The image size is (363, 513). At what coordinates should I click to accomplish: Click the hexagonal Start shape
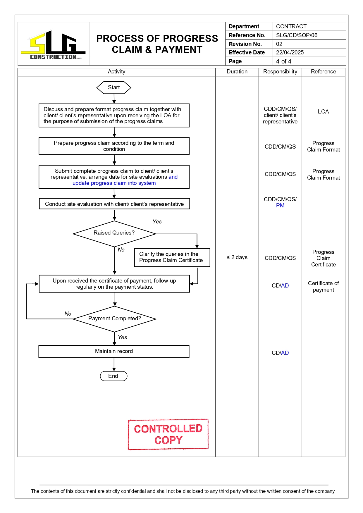pyautogui.click(x=114, y=87)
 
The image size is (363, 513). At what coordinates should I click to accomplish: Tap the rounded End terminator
pyautogui.click(x=113, y=376)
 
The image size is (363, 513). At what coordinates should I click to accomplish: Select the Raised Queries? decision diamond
pyautogui.click(x=114, y=233)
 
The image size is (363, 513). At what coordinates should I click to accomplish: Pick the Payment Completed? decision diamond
pyautogui.click(x=115, y=319)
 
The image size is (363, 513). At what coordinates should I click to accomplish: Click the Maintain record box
pyautogui.click(x=114, y=351)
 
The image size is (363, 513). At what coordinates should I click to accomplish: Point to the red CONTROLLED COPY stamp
pyautogui.click(x=168, y=434)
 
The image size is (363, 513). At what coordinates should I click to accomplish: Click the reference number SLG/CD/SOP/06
pyautogui.click(x=297, y=35)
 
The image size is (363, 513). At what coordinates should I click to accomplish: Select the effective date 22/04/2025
pyautogui.click(x=290, y=53)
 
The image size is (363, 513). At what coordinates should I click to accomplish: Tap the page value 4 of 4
pyautogui.click(x=283, y=61)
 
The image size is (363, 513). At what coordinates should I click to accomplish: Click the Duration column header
pyautogui.click(x=237, y=72)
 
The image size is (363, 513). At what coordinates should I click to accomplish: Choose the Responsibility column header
pyautogui.click(x=280, y=72)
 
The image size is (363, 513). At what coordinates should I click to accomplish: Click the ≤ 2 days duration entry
pyautogui.click(x=237, y=257)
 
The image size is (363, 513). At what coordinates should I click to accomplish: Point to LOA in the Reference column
pyautogui.click(x=323, y=112)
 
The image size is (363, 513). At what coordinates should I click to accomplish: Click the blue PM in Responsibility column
pyautogui.click(x=280, y=206)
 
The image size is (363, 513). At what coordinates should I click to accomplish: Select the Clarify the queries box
pyautogui.click(x=172, y=257)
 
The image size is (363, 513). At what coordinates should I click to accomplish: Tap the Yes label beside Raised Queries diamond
pyautogui.click(x=157, y=222)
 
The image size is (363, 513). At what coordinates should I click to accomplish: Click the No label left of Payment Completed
pyautogui.click(x=68, y=314)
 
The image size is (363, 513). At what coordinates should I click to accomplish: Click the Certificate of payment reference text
pyautogui.click(x=323, y=287)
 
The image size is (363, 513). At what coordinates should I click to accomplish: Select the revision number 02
pyautogui.click(x=279, y=44)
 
